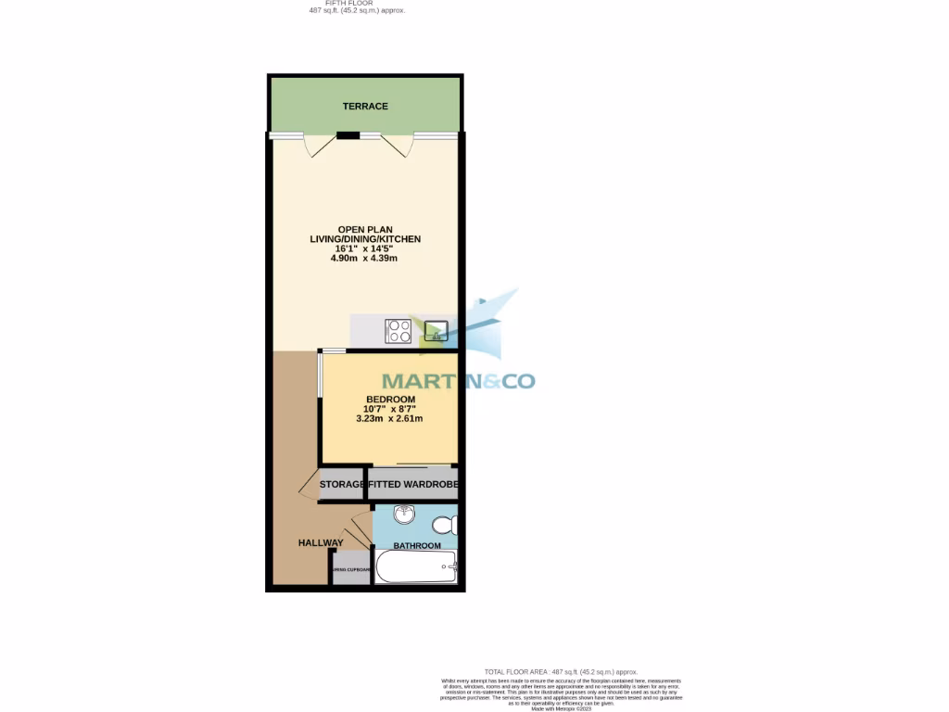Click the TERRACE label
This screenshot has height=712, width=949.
tap(365, 107)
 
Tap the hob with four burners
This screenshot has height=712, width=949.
tap(399, 331)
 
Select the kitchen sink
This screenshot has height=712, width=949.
tap(435, 331)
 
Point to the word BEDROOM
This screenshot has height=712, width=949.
tap(389, 400)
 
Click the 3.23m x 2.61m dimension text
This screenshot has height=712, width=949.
tap(389, 418)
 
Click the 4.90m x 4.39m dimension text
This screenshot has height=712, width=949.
tap(364, 258)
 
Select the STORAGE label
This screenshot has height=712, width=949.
tap(342, 485)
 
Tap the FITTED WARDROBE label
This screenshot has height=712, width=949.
tap(413, 485)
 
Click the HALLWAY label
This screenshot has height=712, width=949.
tap(321, 543)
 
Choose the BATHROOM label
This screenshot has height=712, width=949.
tap(417, 546)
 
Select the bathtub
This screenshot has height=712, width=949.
tap(416, 566)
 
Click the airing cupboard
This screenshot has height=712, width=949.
tap(351, 568)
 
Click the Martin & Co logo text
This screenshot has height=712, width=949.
tap(459, 381)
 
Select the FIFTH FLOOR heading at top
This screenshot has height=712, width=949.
tap(356, 4)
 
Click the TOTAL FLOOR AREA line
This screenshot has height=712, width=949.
tap(561, 671)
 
